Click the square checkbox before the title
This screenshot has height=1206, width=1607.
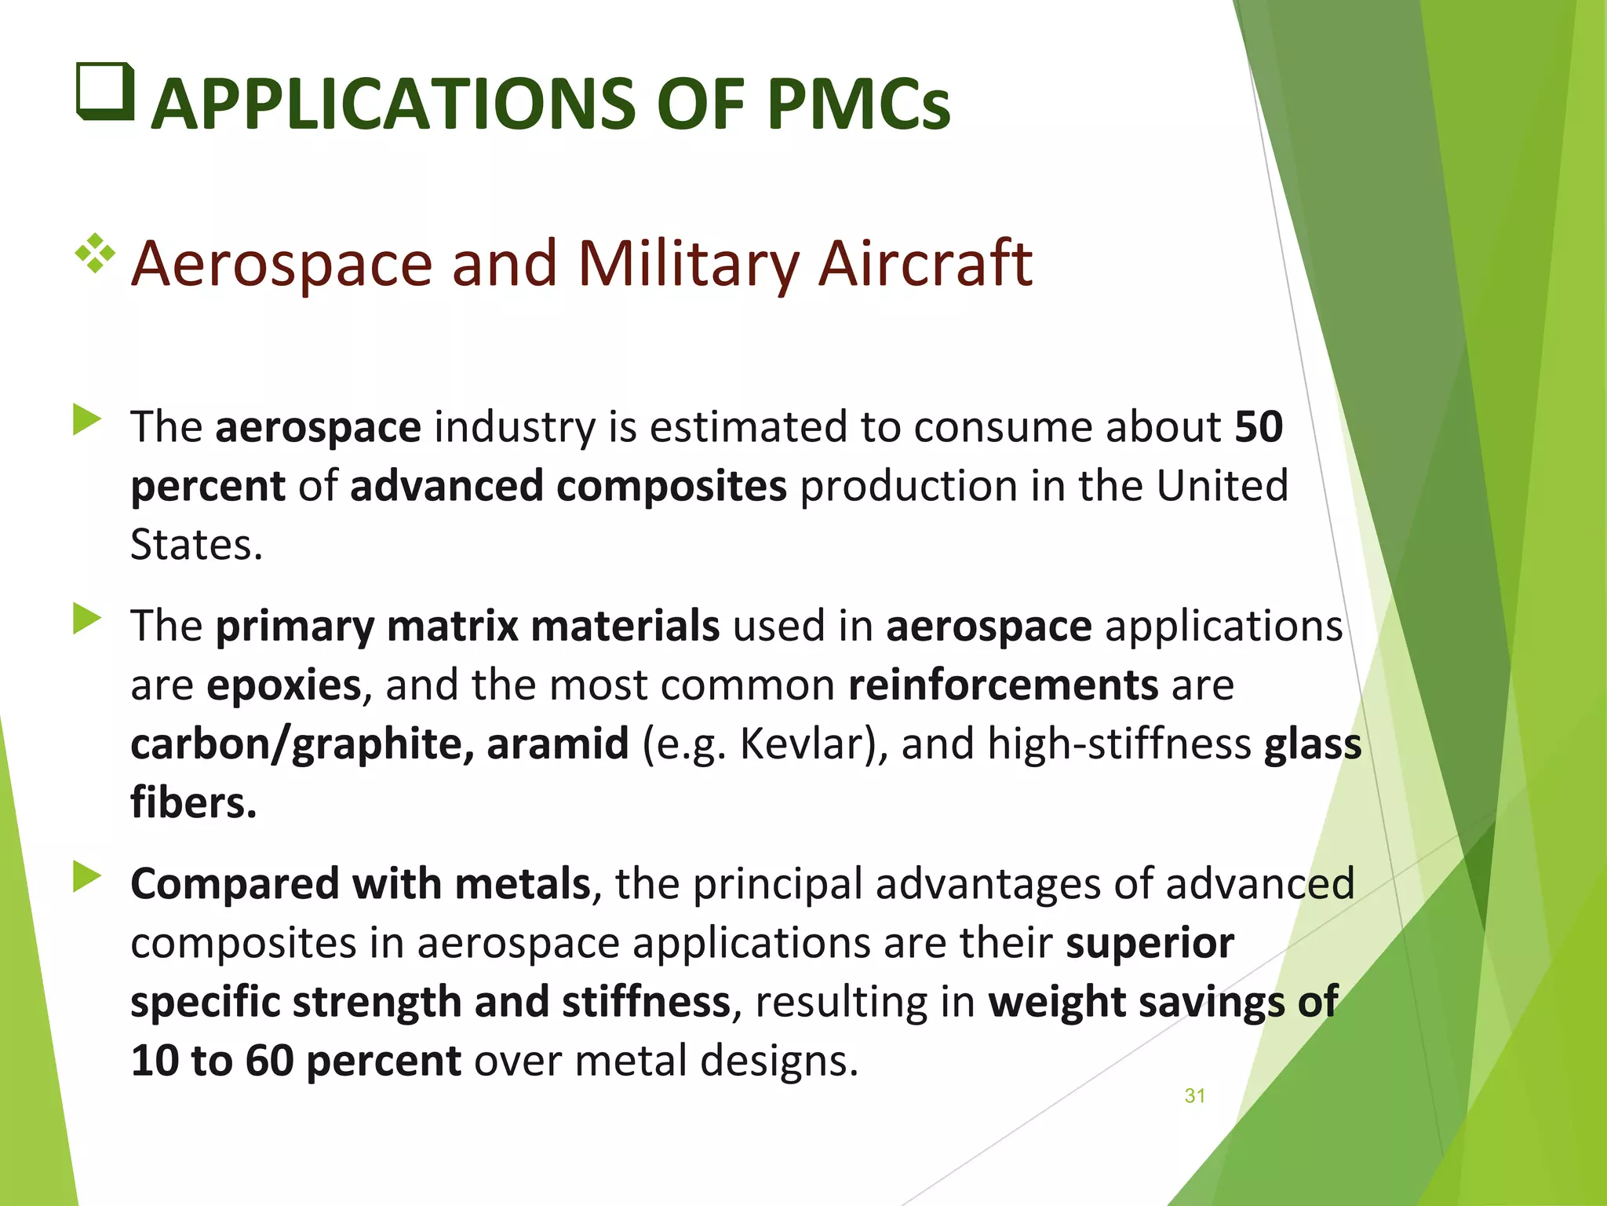click(x=105, y=91)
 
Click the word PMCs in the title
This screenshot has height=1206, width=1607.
click(x=858, y=105)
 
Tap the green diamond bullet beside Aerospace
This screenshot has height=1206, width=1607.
click(x=95, y=253)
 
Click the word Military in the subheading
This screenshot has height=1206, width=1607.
click(x=688, y=265)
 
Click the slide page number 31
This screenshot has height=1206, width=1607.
click(x=1194, y=1096)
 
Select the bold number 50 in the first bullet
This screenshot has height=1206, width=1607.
click(x=1259, y=427)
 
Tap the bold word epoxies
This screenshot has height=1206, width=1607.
click(x=284, y=685)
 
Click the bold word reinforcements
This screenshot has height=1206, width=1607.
click(x=1003, y=685)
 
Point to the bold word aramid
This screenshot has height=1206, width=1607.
click(x=557, y=744)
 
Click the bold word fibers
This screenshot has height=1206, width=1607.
click(x=193, y=802)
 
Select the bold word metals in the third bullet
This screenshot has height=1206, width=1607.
click(x=523, y=883)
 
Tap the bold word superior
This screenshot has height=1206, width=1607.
click(x=1150, y=943)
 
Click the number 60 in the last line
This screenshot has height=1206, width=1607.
click(x=269, y=1061)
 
